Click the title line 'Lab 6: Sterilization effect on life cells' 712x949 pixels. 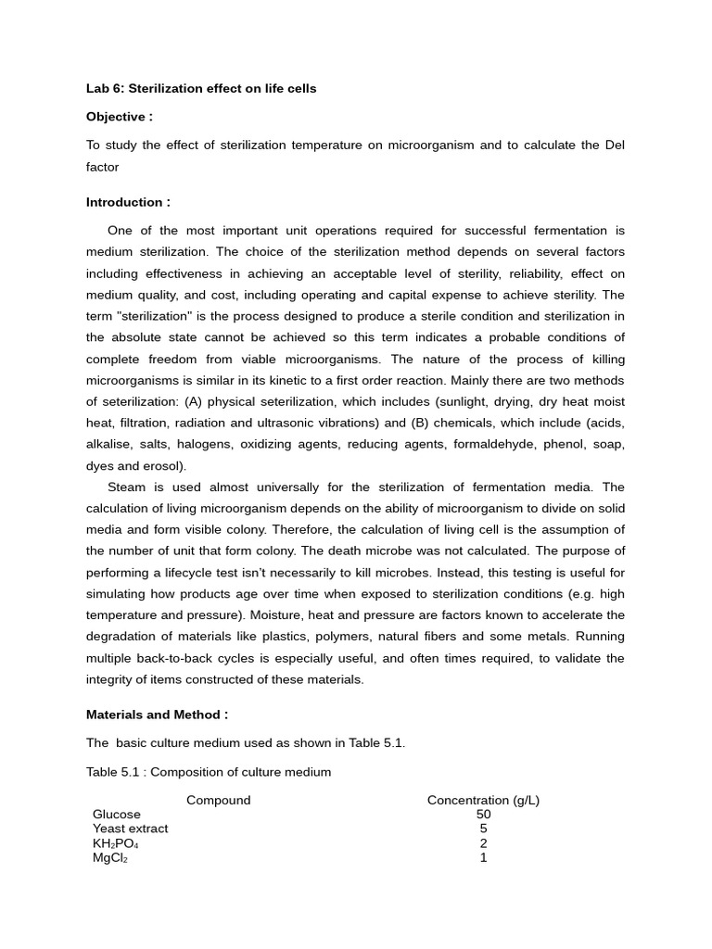(201, 89)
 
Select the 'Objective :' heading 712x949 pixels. (120, 117)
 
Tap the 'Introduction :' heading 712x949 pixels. (128, 202)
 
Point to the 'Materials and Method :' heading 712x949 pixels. (157, 715)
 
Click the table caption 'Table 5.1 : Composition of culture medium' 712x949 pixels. (209, 772)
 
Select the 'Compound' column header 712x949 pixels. (219, 800)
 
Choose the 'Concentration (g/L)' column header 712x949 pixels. (483, 800)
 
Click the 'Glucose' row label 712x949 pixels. (117, 815)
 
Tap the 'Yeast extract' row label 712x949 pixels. (130, 829)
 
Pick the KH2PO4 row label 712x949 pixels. (115, 843)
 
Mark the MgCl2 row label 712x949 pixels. (109, 858)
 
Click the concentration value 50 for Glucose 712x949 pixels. (483, 815)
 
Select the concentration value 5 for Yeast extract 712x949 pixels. (483, 829)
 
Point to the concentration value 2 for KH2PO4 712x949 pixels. (483, 843)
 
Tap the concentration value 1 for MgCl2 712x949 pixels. (483, 857)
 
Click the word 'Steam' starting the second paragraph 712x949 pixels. (126, 487)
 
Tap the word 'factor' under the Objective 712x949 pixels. (102, 167)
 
